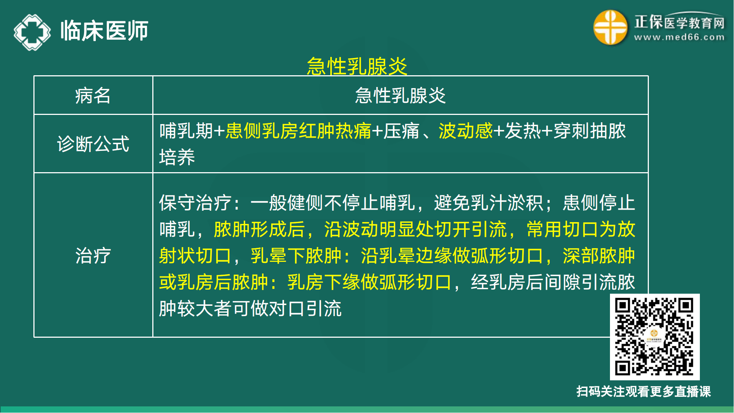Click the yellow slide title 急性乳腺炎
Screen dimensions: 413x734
pyautogui.click(x=357, y=66)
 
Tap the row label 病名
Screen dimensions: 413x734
pyautogui.click(x=93, y=96)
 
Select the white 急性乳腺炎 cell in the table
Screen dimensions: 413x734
pyautogui.click(x=400, y=96)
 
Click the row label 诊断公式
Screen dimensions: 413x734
pyautogui.click(x=93, y=144)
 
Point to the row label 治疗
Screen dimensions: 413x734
pyautogui.click(x=93, y=256)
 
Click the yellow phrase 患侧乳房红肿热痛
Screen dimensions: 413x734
pyautogui.click(x=298, y=131)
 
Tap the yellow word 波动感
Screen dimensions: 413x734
pyautogui.click(x=465, y=131)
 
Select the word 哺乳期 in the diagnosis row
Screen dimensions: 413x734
pyautogui.click(x=186, y=131)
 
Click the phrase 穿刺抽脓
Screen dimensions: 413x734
pyautogui.click(x=589, y=131)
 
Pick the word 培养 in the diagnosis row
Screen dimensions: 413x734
pyautogui.click(x=177, y=157)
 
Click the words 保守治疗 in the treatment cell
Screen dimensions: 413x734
pyautogui.click(x=195, y=203)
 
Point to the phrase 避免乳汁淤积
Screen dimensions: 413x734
pyautogui.click(x=488, y=203)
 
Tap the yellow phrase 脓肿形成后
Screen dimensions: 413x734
pyautogui.click(x=259, y=229)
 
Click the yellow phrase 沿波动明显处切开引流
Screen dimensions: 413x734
pyautogui.click(x=415, y=229)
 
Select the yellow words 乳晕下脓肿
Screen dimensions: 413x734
pyautogui.click(x=296, y=256)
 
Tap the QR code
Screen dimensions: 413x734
pyautogui.click(x=654, y=337)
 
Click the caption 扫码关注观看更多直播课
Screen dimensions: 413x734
pyautogui.click(x=643, y=391)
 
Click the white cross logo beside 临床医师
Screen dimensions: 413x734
pyautogui.click(x=32, y=32)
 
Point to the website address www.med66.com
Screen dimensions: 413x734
pyautogui.click(x=679, y=37)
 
